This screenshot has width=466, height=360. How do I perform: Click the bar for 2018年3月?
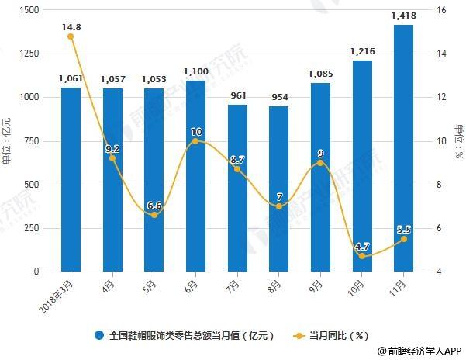[71, 180]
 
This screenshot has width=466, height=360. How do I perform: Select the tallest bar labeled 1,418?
[403, 148]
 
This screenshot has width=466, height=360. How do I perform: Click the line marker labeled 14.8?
[71, 36]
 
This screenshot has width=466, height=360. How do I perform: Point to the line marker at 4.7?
[362, 257]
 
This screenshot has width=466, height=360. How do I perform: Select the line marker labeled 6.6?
[154, 215]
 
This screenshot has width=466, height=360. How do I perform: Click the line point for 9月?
[320, 163]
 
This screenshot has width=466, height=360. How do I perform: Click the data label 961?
[236, 95]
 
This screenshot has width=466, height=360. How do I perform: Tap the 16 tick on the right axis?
[443, 10]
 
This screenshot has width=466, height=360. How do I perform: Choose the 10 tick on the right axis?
[443, 141]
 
